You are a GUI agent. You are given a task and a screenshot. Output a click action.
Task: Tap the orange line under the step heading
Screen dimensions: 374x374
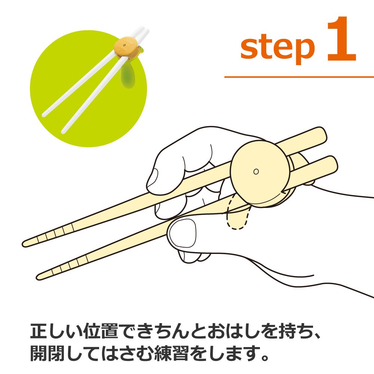coord(299,77)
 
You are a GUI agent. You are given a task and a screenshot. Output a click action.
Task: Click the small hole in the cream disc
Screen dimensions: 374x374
coord(256,171)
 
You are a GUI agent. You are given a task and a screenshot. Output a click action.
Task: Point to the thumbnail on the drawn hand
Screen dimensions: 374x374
coord(182,233)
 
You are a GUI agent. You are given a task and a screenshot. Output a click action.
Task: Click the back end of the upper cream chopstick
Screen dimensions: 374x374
coord(323,133)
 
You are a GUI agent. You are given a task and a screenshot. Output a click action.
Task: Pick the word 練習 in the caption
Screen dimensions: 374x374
coord(172,353)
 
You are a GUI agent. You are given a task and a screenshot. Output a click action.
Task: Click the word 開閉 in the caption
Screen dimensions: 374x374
coord(47,353)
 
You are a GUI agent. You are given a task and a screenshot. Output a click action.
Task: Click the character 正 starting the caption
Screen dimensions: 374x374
coord(39,331)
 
